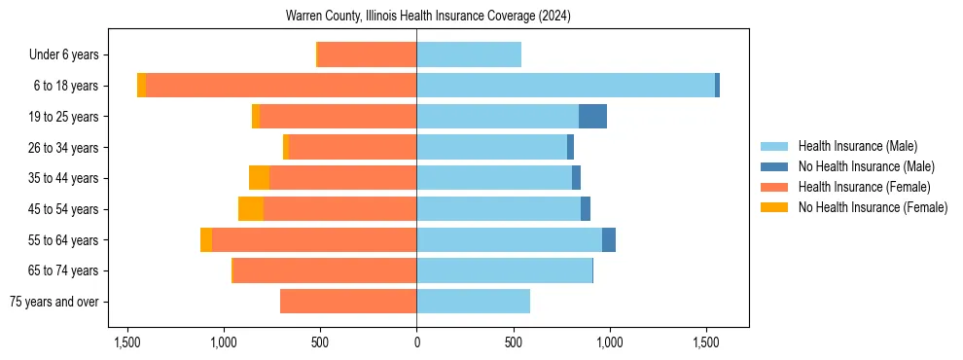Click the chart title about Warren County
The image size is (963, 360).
pyautogui.click(x=428, y=17)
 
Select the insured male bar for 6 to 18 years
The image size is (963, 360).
pyautogui.click(x=565, y=86)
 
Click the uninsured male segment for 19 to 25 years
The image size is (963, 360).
pyautogui.click(x=592, y=117)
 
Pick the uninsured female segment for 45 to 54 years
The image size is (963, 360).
pyautogui.click(x=251, y=209)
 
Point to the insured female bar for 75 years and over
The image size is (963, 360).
pyautogui.click(x=348, y=302)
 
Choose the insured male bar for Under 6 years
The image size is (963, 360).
pyautogui.click(x=469, y=54)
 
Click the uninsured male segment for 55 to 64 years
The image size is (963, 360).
pyautogui.click(x=609, y=240)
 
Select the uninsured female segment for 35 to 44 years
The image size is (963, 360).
pyautogui.click(x=259, y=178)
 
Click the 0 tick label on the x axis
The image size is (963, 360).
pyautogui.click(x=416, y=342)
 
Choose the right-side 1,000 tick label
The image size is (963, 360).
pyautogui.click(x=609, y=342)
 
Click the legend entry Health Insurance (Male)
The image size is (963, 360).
pyautogui.click(x=857, y=146)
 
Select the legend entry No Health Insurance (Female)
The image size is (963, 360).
pyautogui.click(x=873, y=207)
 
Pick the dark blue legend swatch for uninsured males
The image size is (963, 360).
pyautogui.click(x=775, y=166)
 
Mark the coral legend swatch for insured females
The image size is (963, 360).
pyautogui.click(x=775, y=187)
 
